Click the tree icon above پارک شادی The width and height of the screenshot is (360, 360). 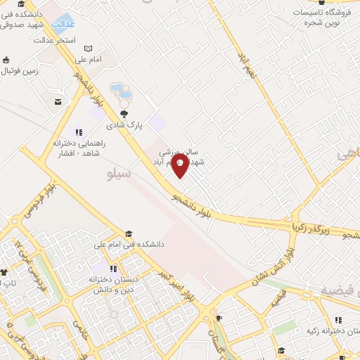point(124,113)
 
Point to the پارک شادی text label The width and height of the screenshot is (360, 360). point(124,125)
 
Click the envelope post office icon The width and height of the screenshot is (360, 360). point(57,103)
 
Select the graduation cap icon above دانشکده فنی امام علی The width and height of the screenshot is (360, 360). point(128,233)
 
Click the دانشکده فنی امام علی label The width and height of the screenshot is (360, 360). point(129,245)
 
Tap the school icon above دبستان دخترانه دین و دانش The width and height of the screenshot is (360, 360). point(113,269)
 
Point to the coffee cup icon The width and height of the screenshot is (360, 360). point(219,318)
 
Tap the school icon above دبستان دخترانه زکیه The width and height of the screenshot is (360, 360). point(338,319)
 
